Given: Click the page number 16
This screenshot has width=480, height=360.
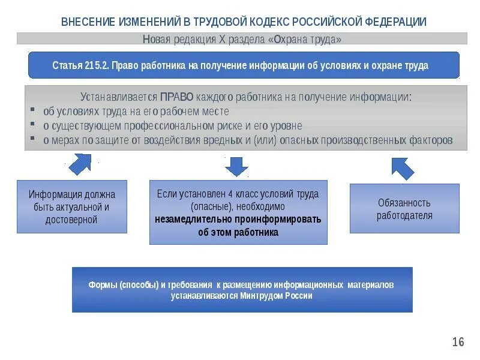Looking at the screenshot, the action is click(458, 342).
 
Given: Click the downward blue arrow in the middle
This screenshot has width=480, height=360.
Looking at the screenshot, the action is click(236, 165).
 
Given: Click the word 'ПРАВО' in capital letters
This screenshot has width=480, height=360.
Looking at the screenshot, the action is click(176, 97).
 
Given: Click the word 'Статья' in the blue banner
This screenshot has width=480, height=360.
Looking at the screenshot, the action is click(67, 65).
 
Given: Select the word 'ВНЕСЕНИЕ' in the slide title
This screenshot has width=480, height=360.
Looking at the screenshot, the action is click(86, 22).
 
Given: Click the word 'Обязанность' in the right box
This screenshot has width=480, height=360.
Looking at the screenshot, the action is click(404, 203).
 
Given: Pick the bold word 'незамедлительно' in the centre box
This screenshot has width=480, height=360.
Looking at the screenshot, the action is click(188, 219).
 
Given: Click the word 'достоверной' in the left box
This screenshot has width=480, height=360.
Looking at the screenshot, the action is click(71, 220).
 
